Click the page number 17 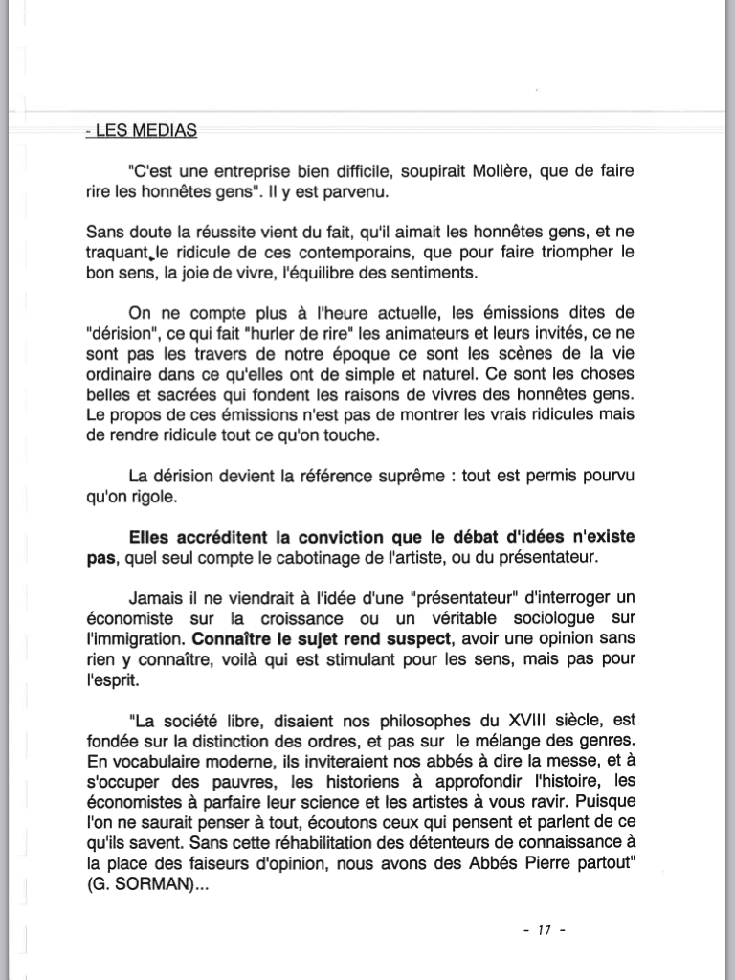546,931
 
